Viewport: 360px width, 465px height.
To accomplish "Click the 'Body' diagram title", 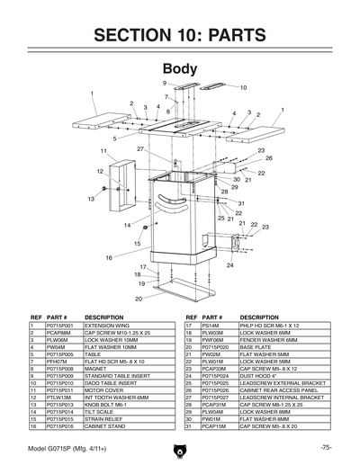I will pos(179,69).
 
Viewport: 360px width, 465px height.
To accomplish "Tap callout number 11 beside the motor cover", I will pos(103,151).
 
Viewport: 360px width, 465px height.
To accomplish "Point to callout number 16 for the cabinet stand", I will pos(109,257).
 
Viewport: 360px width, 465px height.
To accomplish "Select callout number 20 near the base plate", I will pos(139,298).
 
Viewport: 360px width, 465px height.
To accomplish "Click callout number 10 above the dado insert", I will pos(243,87).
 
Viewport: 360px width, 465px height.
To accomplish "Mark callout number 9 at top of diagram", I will pos(165,83).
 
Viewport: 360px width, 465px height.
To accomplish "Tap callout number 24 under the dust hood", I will pos(229,265).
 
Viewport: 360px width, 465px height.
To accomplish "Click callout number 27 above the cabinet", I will pos(141,148).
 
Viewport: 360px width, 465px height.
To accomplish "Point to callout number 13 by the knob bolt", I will pos(91,199).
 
